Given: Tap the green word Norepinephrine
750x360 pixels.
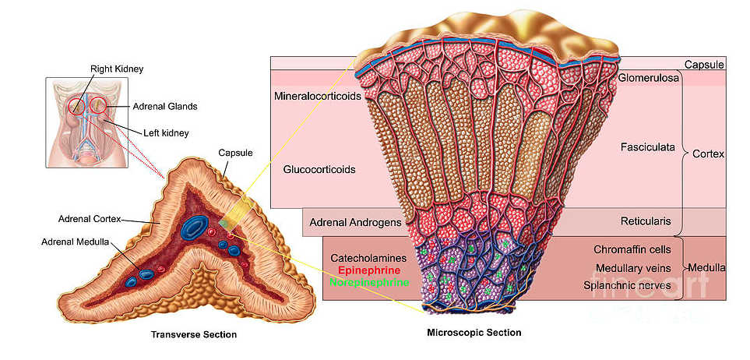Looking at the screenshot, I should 369,282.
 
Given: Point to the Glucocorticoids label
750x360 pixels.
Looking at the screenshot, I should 319,169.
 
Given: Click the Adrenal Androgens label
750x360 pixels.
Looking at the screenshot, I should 355,222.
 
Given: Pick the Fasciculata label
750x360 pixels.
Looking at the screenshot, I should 646,146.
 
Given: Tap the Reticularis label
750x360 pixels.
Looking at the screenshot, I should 646,221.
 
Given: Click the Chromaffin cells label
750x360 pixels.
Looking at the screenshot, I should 632,250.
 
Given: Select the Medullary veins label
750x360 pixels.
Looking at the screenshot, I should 632,268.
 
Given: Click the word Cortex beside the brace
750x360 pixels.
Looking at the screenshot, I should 708,154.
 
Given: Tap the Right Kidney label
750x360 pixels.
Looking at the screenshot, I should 117,69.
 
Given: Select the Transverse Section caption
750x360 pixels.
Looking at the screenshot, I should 193,335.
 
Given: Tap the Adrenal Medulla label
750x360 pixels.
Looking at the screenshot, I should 76,242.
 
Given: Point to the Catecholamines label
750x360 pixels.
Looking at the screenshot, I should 370,257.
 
